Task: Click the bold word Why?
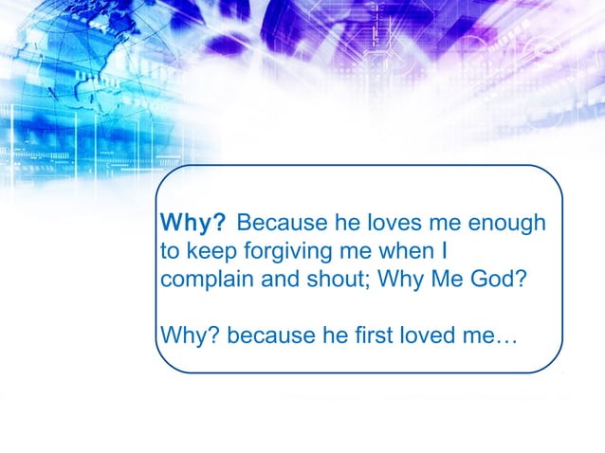coord(193,224)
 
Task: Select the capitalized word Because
coord(274,224)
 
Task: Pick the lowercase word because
coord(268,335)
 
